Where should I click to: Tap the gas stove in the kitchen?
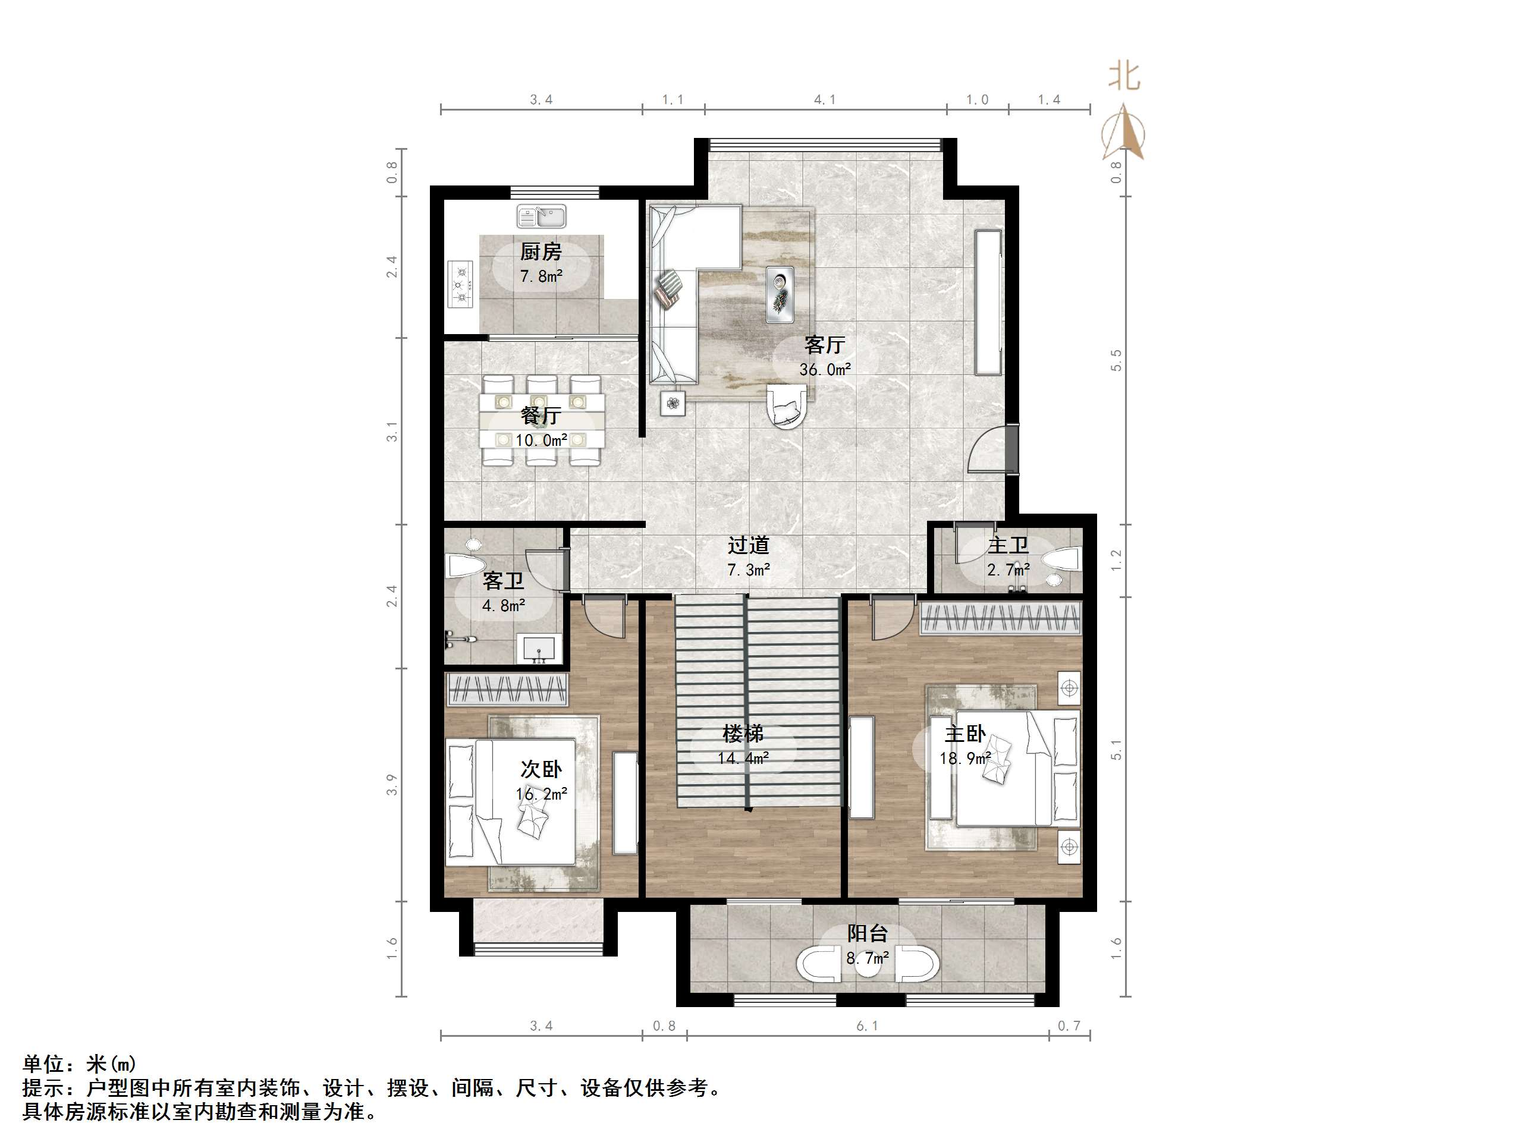(x=459, y=284)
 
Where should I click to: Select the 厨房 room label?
(x=541, y=251)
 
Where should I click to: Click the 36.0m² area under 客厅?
(x=825, y=369)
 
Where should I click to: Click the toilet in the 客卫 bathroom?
(x=466, y=566)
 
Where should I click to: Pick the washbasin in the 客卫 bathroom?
(x=539, y=649)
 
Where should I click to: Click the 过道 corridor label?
(x=748, y=545)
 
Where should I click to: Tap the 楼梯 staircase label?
(x=743, y=733)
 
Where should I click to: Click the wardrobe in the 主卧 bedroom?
(x=1000, y=618)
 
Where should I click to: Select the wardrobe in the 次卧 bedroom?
(x=507, y=690)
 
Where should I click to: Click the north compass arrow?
(x=1123, y=131)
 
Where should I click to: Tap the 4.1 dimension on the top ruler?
(x=824, y=99)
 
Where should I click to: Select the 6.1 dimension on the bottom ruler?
(x=867, y=1026)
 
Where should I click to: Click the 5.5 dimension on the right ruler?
(x=1116, y=360)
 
